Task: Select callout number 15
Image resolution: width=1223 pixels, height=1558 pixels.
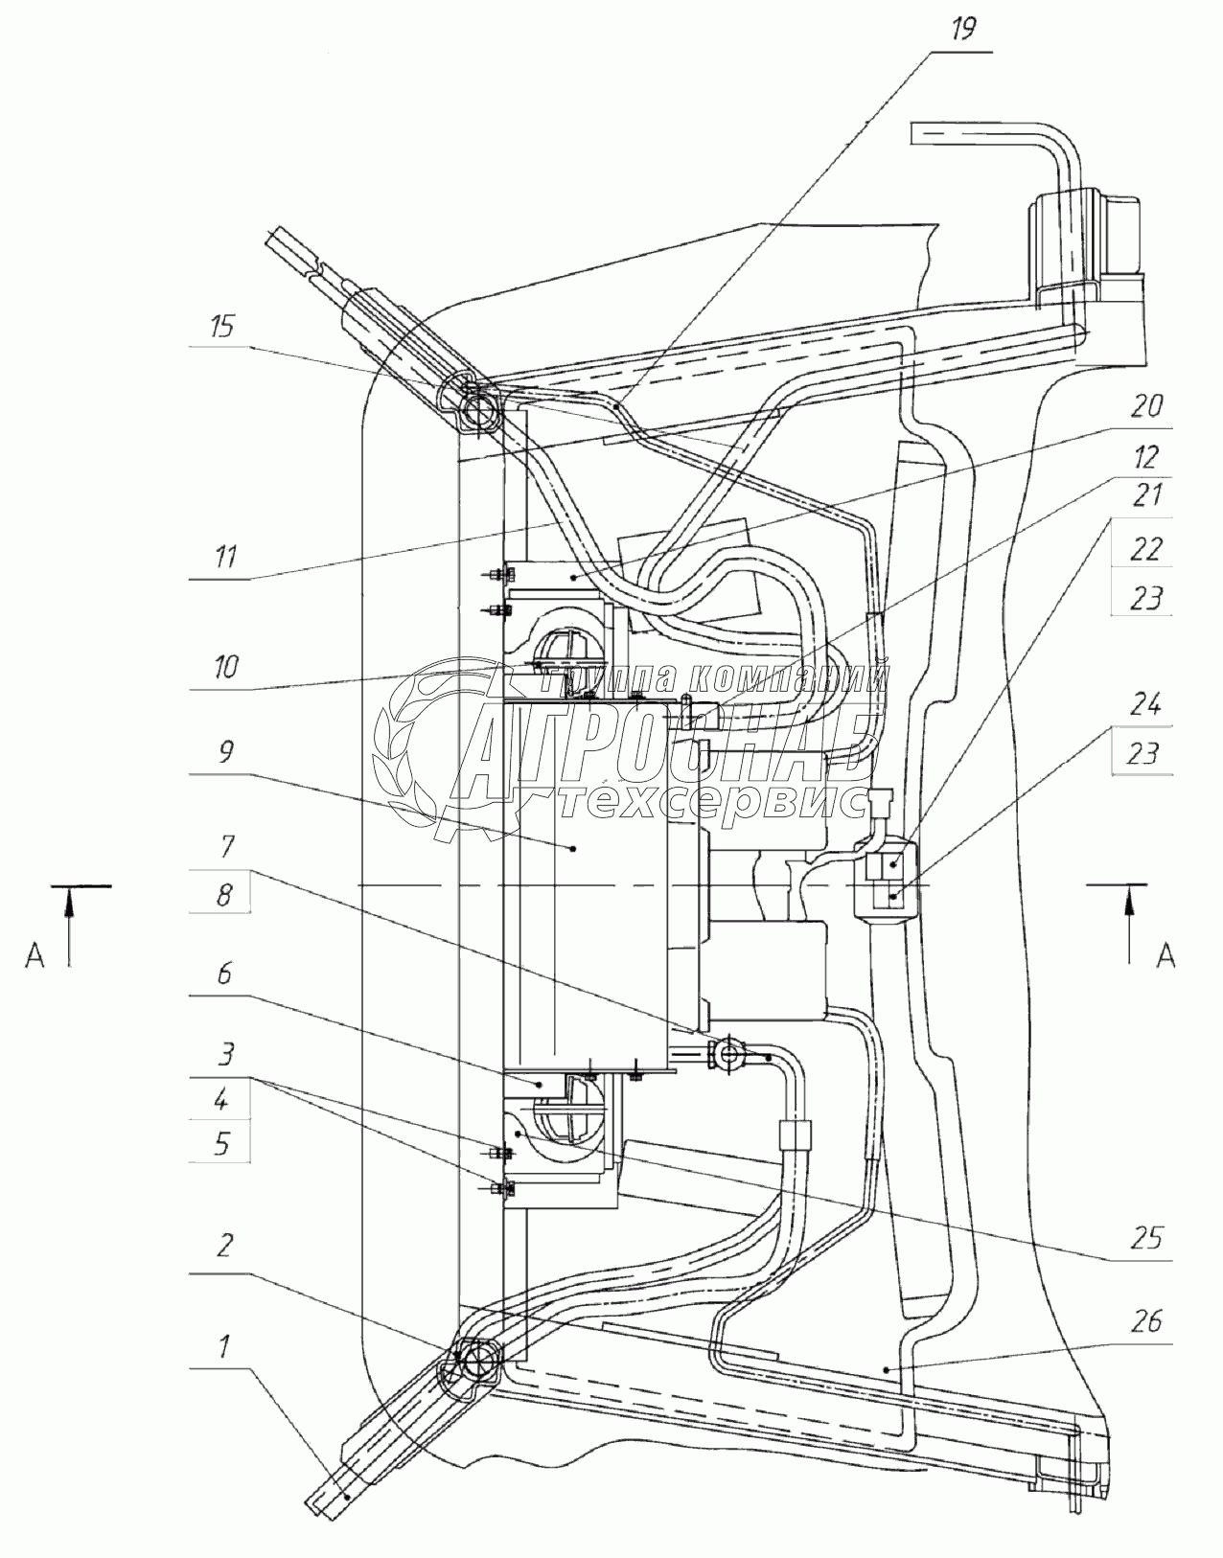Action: [222, 327]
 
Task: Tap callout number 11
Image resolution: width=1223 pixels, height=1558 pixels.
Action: [225, 557]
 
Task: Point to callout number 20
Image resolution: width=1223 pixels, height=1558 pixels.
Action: [1147, 406]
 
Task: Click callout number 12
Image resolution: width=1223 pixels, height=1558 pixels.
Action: [1146, 457]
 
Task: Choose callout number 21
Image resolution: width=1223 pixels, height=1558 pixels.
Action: [1145, 495]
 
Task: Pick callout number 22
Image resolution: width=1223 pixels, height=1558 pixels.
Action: [1144, 549]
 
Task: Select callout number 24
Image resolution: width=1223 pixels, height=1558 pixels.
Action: [1144, 705]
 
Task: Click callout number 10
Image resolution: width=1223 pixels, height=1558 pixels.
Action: [225, 668]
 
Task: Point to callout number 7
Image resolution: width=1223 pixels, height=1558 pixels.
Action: [226, 846]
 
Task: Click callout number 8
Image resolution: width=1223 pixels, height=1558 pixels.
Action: [223, 894]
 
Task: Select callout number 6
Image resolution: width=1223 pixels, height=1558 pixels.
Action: [224, 974]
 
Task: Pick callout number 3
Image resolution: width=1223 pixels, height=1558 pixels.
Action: [225, 1054]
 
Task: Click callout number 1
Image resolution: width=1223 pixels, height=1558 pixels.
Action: [223, 1346]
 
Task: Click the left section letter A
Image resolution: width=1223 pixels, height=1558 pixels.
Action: [34, 955]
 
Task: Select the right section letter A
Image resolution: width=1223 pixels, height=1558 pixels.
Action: [1165, 955]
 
